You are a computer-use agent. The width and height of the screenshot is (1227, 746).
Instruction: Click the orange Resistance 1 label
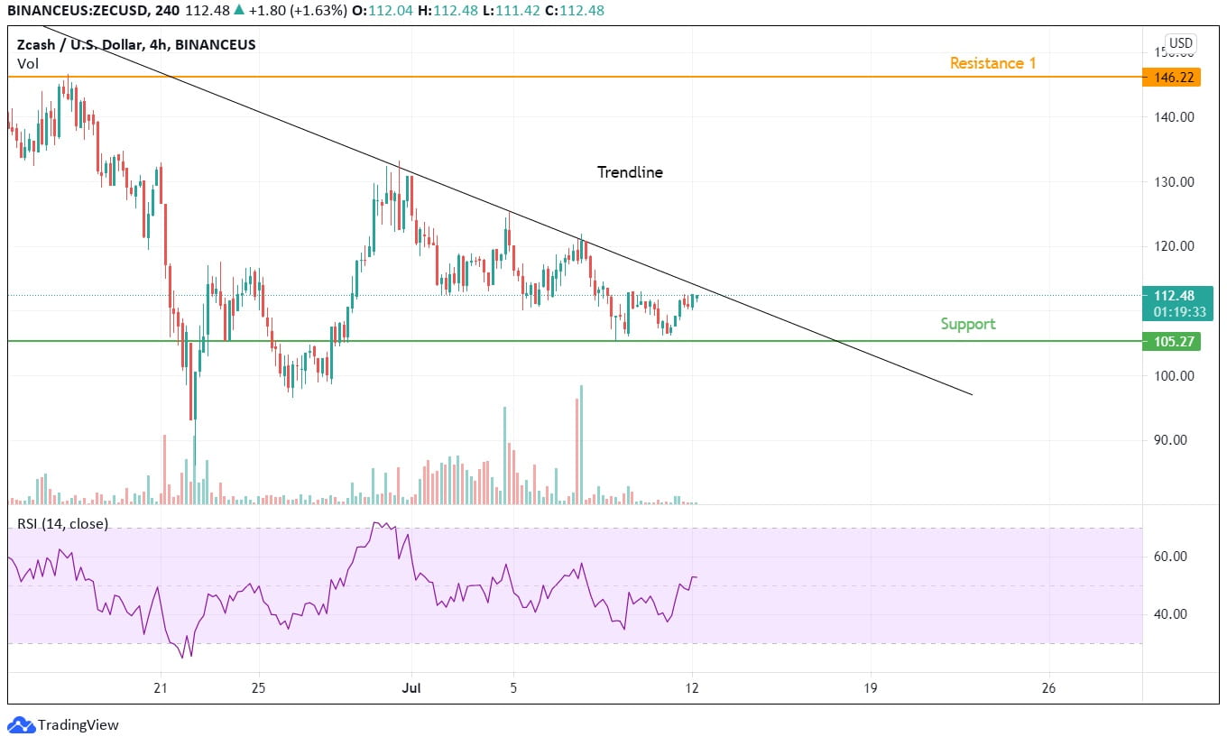(x=992, y=63)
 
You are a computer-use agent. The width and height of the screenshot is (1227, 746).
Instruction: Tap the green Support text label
(x=967, y=324)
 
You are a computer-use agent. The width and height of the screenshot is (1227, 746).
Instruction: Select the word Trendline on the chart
(x=630, y=172)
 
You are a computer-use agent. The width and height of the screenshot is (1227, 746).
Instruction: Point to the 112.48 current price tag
(x=1176, y=296)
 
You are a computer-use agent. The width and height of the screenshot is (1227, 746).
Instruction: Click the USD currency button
(x=1180, y=42)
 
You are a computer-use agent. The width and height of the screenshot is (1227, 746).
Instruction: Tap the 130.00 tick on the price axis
(x=1174, y=181)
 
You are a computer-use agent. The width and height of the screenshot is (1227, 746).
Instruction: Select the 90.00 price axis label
(x=1174, y=440)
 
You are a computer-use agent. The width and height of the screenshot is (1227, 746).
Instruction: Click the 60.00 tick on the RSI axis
(x=1174, y=557)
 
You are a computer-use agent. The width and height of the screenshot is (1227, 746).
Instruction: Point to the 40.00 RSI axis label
(x=1174, y=614)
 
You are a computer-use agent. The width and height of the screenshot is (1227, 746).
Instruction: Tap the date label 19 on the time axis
(x=871, y=688)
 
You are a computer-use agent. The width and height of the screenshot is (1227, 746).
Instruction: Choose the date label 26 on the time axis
(x=1047, y=688)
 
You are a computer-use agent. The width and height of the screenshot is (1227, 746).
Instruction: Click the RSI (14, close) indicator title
(x=62, y=523)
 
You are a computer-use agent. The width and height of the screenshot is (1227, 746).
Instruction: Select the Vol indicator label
(x=27, y=63)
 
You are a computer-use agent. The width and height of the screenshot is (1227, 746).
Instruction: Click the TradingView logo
(x=63, y=724)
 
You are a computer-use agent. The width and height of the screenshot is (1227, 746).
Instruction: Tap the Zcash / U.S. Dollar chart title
(x=135, y=44)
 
